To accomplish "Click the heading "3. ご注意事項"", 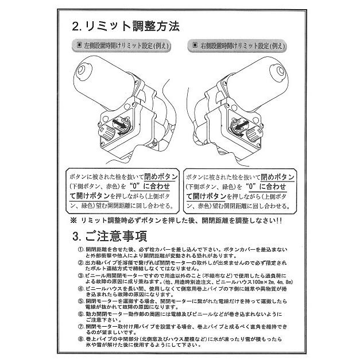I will click(x=110, y=236).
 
